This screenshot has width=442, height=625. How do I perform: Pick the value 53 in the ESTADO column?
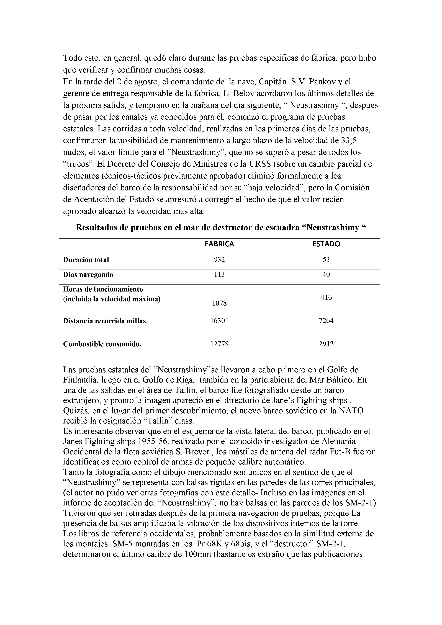click(x=326, y=260)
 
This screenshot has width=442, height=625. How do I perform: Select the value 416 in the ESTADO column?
click(x=326, y=297)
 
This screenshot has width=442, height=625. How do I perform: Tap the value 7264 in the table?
click(x=326, y=321)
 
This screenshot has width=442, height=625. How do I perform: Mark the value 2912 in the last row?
click(x=326, y=344)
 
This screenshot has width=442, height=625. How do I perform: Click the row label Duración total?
click(x=86, y=260)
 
